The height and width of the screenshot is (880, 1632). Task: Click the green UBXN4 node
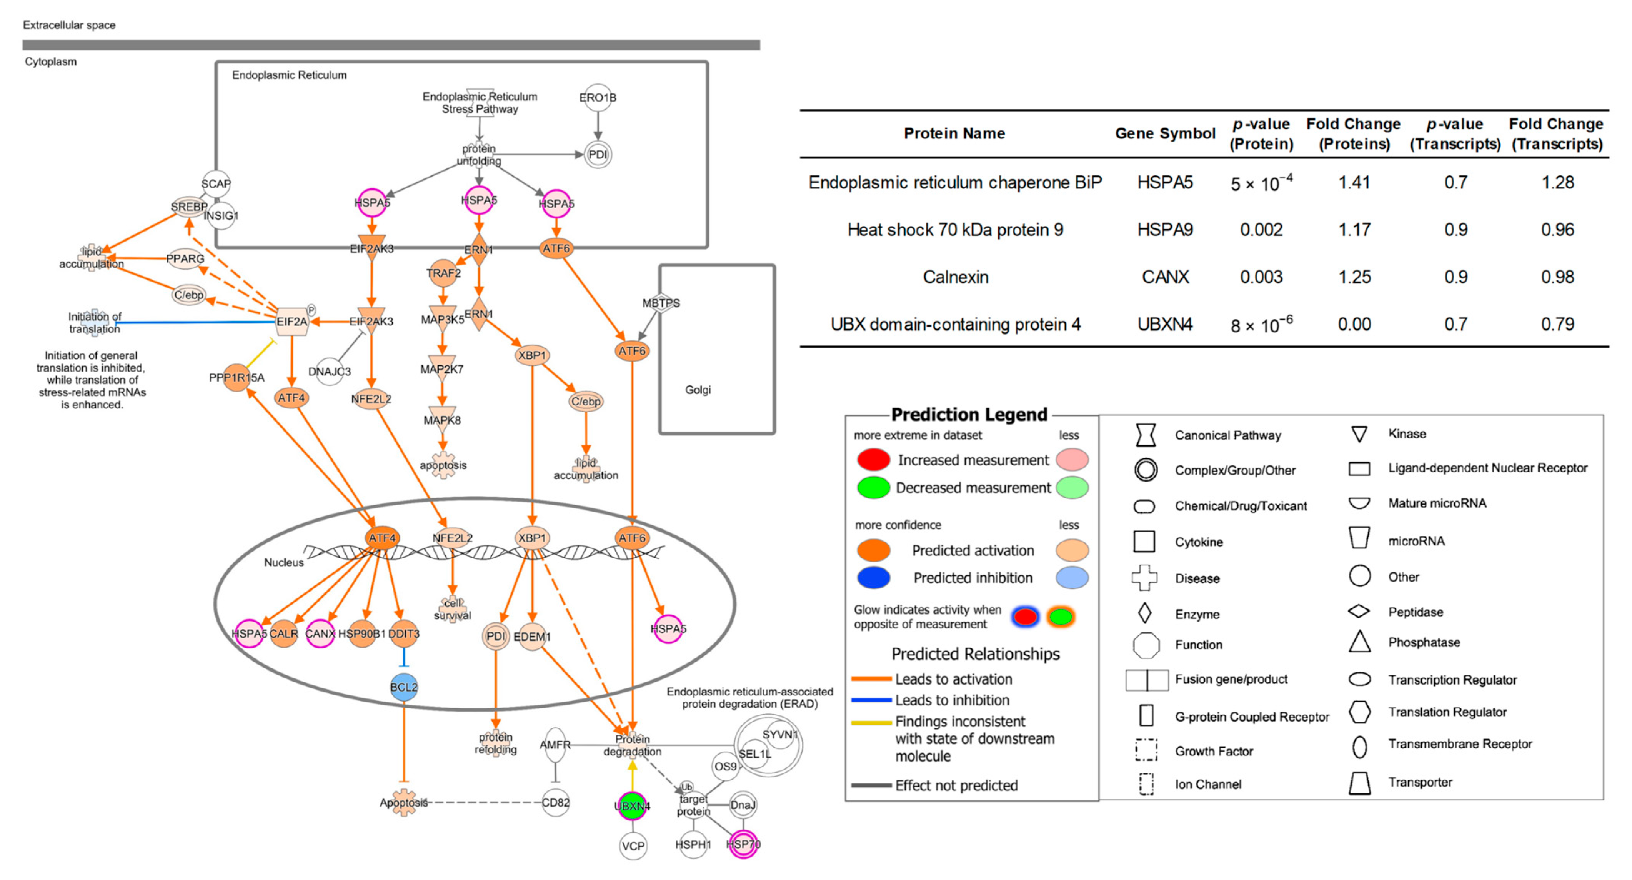click(x=632, y=806)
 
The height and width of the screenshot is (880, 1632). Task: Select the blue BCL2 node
click(x=403, y=687)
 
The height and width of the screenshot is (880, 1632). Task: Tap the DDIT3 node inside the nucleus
click(x=403, y=633)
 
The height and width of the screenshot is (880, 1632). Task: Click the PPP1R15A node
click(x=236, y=378)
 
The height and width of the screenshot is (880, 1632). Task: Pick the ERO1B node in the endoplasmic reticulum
click(x=598, y=98)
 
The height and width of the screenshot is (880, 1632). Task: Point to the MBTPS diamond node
click(x=661, y=303)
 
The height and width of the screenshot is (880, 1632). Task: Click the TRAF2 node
click(x=443, y=273)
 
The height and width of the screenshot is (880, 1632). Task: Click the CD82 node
click(x=556, y=802)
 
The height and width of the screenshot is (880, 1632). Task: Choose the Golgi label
click(x=698, y=390)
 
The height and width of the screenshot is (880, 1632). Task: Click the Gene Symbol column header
click(x=1164, y=133)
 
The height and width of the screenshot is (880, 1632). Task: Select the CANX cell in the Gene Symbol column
click(x=1164, y=277)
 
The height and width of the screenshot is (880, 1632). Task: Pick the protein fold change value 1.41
click(x=1354, y=182)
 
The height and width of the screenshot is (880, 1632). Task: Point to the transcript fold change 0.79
click(x=1557, y=324)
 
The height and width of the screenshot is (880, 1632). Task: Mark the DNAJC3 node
click(x=330, y=371)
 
